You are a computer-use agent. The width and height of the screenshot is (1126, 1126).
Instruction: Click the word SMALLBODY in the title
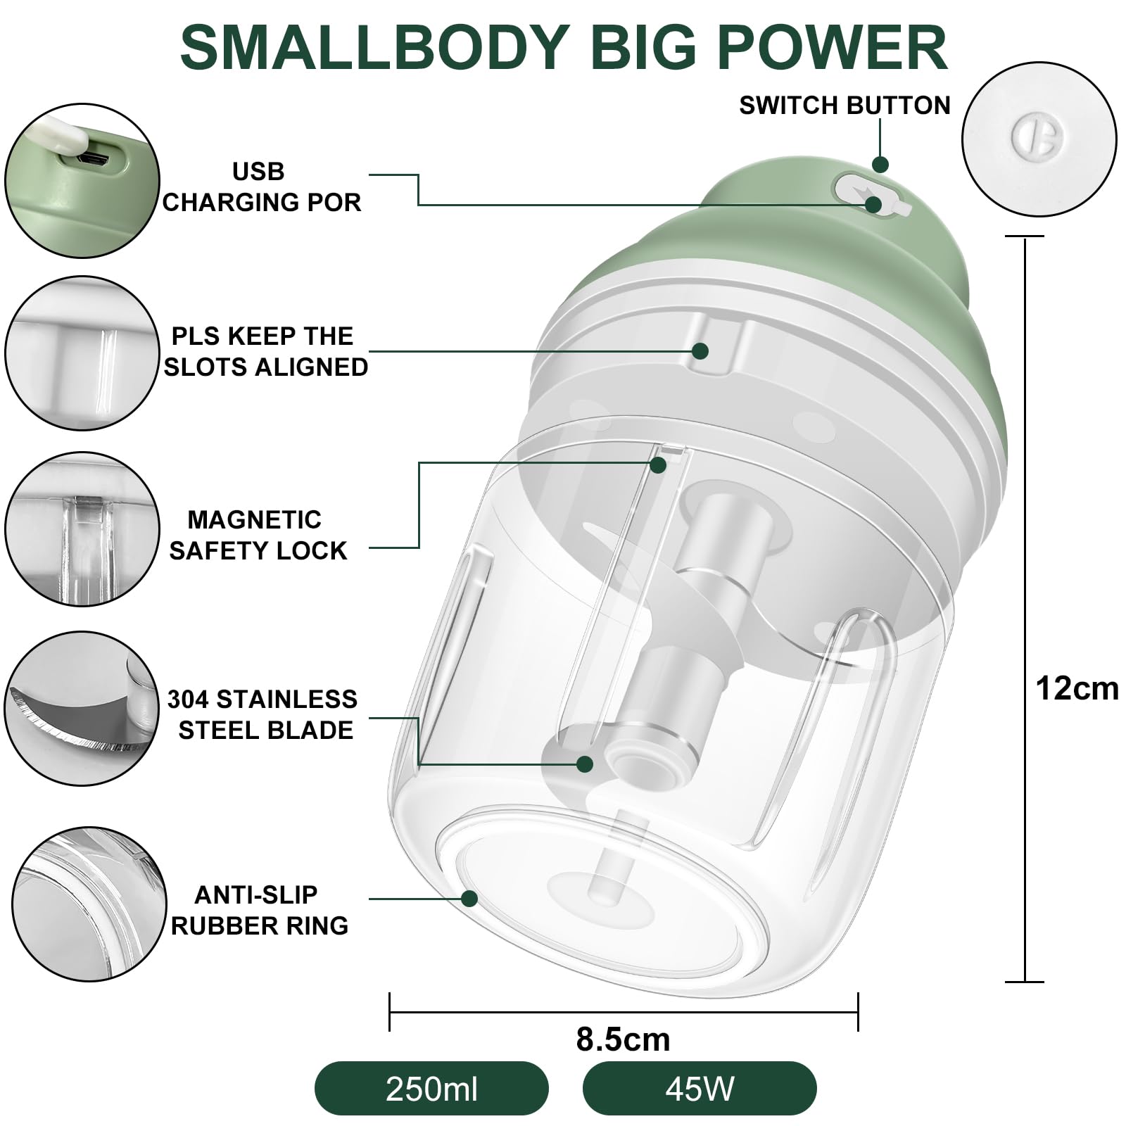coord(374,48)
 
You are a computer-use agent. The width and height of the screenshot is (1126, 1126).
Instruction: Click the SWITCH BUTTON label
coord(844,106)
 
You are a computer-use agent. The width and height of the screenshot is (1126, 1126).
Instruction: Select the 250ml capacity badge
coord(431,1089)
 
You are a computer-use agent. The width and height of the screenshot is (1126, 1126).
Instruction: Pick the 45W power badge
coord(700,1089)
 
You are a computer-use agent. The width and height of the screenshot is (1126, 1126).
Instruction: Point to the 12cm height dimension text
coord(1077,688)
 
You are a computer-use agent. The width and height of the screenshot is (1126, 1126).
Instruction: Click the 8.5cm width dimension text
coord(623,1039)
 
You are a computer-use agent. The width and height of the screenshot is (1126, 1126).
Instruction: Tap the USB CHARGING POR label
coord(260,186)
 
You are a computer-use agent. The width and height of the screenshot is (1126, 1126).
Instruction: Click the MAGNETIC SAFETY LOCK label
coord(258,535)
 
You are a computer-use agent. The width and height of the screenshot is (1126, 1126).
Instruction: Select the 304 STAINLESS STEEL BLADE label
coord(262,714)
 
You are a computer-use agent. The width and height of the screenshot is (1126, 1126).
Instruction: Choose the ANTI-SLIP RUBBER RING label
coord(259,909)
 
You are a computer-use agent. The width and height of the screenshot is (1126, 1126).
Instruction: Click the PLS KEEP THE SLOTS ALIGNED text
coord(265,351)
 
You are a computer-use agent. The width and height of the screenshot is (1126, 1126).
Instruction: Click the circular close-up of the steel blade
coord(82,708)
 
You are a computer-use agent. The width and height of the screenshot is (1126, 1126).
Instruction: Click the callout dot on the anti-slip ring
coord(469,899)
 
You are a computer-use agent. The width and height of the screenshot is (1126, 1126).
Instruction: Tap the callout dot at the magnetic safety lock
coord(658,464)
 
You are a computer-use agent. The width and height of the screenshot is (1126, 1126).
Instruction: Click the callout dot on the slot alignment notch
coord(700,350)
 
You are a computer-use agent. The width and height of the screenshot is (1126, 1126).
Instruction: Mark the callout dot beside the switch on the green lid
coord(880,165)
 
